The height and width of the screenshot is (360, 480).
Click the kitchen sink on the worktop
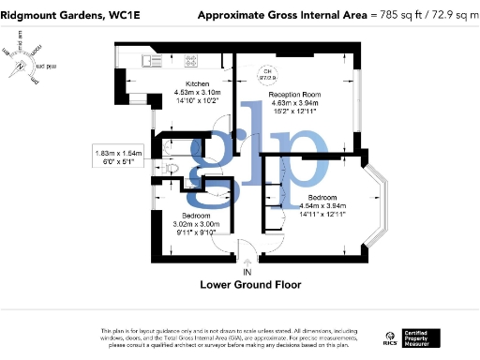[151, 61]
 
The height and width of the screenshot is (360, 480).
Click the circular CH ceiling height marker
[266, 73]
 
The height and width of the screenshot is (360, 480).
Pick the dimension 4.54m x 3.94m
[323, 206]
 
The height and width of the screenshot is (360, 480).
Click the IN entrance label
[247, 272]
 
